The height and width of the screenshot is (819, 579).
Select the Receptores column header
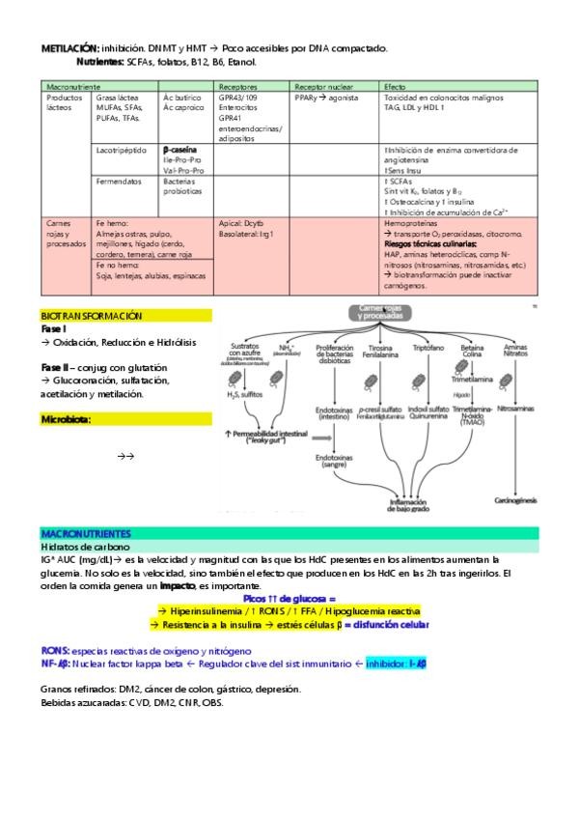237,86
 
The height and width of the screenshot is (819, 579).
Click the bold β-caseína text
181,151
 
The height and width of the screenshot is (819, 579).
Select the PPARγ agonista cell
326,98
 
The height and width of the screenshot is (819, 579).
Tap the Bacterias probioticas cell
182,185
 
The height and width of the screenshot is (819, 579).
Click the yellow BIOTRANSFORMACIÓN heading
92,316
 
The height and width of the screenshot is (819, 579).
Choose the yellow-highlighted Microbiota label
67,419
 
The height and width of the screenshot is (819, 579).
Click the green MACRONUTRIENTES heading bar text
87,533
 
